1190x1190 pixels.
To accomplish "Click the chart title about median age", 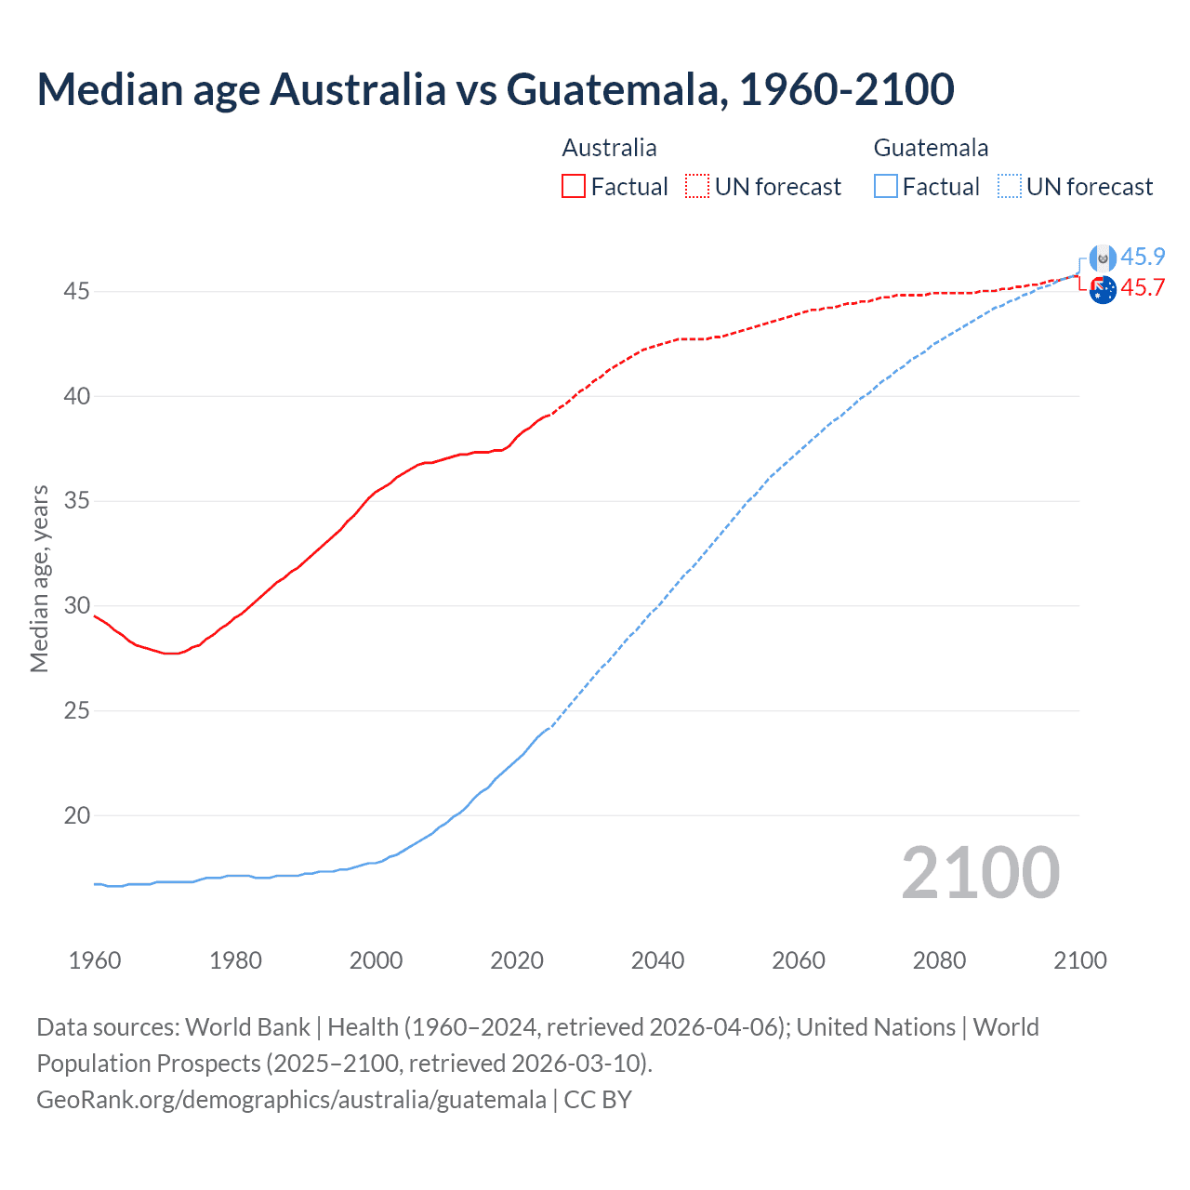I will click(496, 89).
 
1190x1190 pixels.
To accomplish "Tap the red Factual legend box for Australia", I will click(574, 186).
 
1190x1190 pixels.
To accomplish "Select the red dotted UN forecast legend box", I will click(697, 186).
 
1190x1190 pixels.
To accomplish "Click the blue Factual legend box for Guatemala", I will click(885, 186).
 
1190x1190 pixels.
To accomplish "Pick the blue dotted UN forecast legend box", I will click(1009, 186).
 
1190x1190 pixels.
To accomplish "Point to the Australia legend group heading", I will click(609, 148).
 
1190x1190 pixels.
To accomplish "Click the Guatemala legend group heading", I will click(931, 148).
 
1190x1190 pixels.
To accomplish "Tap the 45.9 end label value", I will click(1143, 258).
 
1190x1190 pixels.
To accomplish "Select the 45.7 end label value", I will click(1143, 288).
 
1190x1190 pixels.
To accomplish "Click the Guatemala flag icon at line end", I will click(1103, 258).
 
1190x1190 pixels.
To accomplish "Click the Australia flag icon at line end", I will click(1103, 290).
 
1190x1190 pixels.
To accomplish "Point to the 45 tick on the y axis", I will click(76, 292).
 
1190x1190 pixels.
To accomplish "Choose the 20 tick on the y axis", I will click(76, 816).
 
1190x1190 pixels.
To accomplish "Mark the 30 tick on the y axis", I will click(76, 606).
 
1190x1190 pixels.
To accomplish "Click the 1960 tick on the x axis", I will click(95, 960).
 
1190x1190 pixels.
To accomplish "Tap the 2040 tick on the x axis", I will click(657, 960).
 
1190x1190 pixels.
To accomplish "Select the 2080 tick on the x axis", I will click(939, 960).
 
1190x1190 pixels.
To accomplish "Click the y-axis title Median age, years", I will click(39, 578).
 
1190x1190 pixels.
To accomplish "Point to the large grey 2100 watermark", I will click(980, 873).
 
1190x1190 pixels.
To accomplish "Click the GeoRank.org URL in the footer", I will click(291, 1100).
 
